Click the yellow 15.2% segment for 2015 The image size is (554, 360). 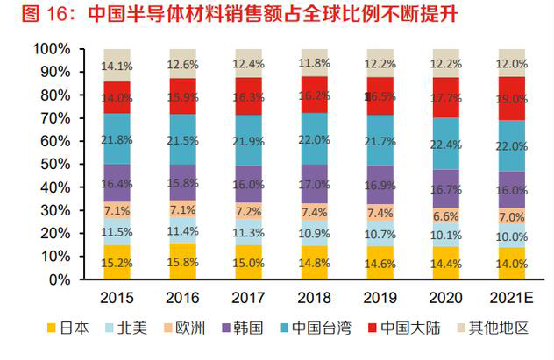(117, 262)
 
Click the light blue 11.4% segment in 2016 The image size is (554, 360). (181, 231)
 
